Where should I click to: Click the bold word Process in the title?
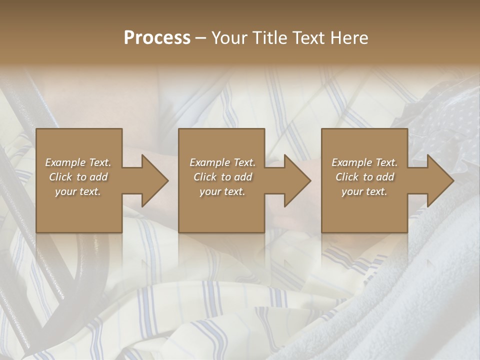[157, 38]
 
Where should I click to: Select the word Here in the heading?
[349, 38]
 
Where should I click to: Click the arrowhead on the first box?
[153, 180]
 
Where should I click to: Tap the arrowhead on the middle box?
[295, 180]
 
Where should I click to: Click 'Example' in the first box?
[66, 162]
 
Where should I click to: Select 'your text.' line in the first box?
[78, 191]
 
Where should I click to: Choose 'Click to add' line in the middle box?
[222, 177]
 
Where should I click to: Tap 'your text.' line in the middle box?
[222, 191]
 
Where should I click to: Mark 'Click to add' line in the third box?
[364, 177]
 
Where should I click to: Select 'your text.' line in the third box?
[364, 191]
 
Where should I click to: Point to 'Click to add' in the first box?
[78, 177]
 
